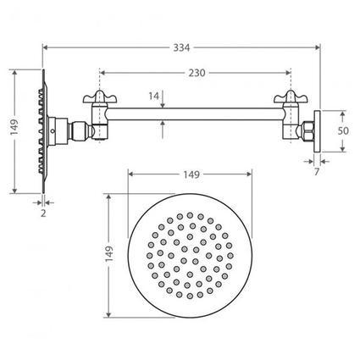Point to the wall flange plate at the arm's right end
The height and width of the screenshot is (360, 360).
click(x=316, y=131)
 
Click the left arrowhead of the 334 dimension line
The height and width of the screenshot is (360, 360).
click(x=44, y=47)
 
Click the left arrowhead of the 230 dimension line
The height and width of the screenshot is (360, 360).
click(x=103, y=74)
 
